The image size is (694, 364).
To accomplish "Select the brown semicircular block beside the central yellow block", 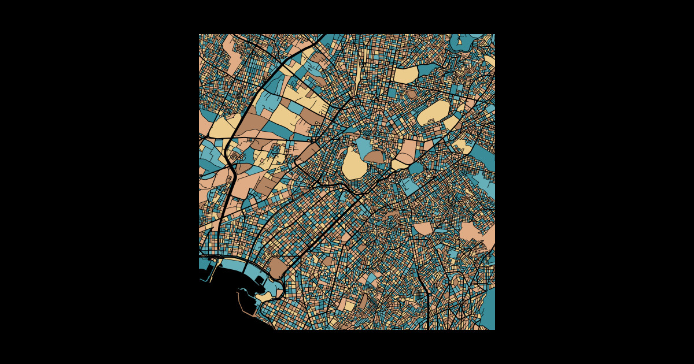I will click(x=373, y=157).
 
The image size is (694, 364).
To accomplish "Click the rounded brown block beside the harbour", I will click(x=278, y=268).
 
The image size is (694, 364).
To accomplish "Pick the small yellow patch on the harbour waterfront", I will click(x=264, y=296).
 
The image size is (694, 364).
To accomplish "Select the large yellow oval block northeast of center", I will click(x=434, y=112).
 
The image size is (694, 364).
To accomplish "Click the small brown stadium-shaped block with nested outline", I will click(x=411, y=94).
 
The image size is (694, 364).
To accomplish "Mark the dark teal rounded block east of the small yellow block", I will click(x=416, y=168).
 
